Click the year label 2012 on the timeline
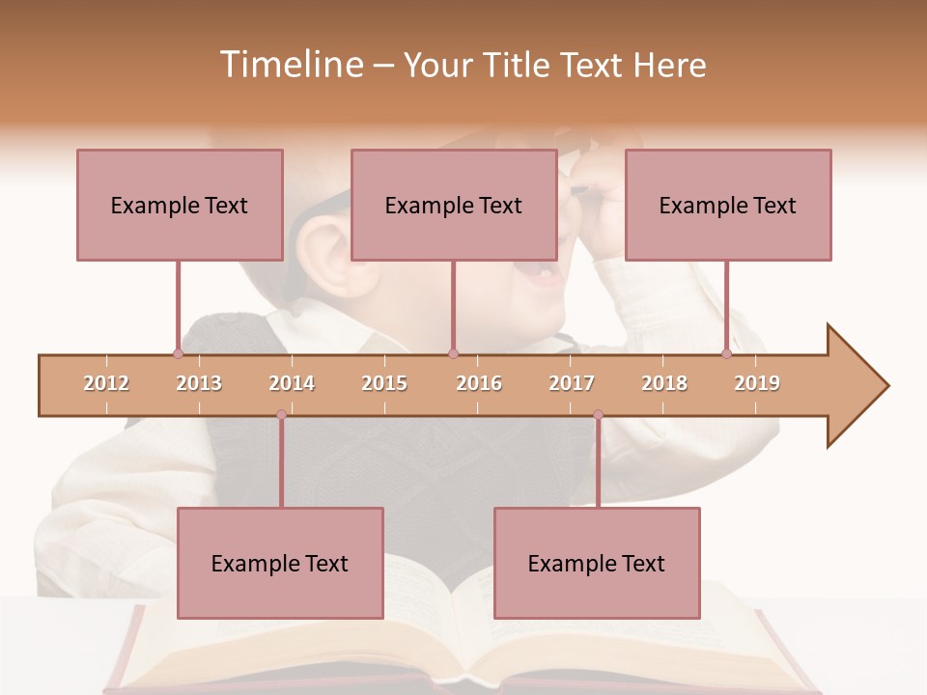pos(106,383)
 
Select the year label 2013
pos(199,383)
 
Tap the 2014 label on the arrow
pos(292,383)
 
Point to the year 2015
pos(384,383)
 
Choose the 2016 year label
pos(479,383)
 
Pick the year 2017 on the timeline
pos(572,383)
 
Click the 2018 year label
pos(664,383)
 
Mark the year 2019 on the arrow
pos(757,383)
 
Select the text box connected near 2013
pos(180,205)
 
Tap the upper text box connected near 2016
pos(454,205)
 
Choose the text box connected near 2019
pos(728,205)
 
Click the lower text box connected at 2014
pos(280,563)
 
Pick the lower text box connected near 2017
pos(597,563)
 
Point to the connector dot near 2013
pos(179,353)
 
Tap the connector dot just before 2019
pos(727,353)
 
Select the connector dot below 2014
pos(281,415)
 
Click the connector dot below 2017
pos(598,415)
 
